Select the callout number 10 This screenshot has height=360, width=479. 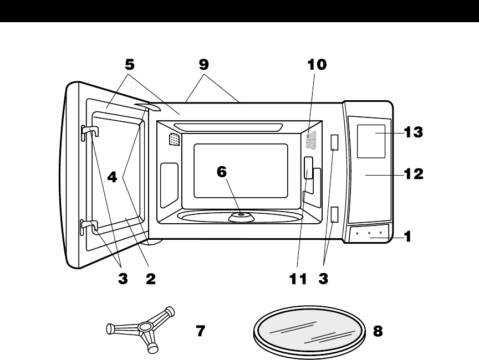tap(317, 65)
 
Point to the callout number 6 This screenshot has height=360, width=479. tap(222, 172)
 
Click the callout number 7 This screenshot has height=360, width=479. tap(201, 331)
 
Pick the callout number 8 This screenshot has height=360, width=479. tap(378, 331)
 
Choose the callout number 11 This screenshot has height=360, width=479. tap(298, 280)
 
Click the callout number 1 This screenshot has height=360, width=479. tap(407, 237)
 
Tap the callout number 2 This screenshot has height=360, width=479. tap(150, 280)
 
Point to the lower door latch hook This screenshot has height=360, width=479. tap(89, 224)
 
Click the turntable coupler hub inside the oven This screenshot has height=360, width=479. tap(240, 215)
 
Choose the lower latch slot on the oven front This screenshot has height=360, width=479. tap(334, 214)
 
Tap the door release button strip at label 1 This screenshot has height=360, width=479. tap(369, 234)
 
